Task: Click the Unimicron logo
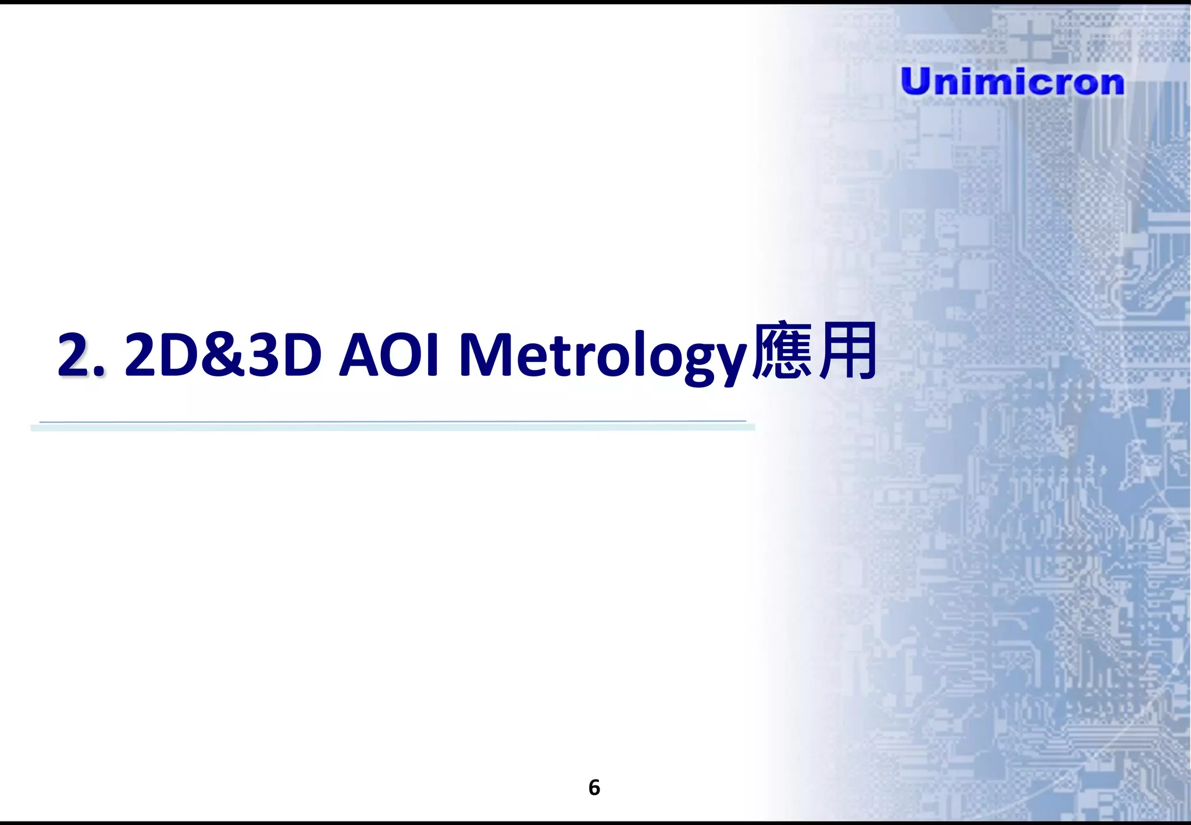click(1012, 81)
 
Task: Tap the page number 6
click(594, 787)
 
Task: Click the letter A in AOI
click(361, 354)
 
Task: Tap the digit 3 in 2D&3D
click(262, 354)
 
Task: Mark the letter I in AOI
click(431, 354)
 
